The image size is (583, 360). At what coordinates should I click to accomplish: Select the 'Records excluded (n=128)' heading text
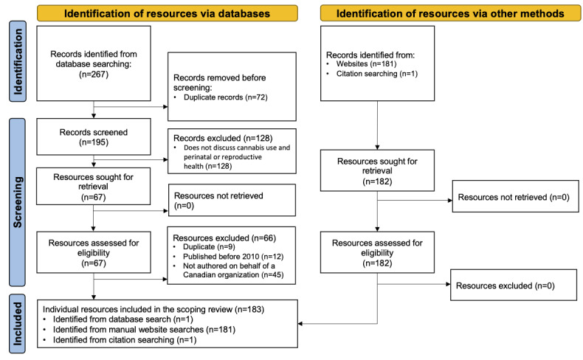click(216, 137)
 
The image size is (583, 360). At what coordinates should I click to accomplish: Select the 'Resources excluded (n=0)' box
click(512, 285)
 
